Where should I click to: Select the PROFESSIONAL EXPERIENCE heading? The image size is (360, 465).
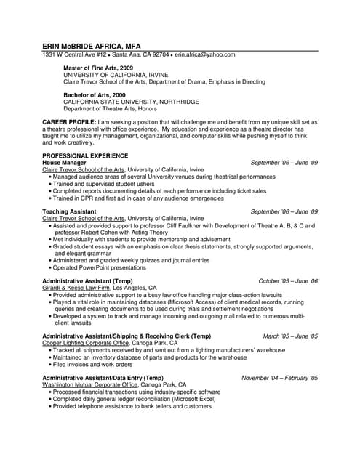pos(85,155)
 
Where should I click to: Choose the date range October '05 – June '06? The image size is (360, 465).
pos(288,280)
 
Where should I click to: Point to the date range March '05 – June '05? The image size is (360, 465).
pos(290,336)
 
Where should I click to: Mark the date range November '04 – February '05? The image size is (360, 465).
pos(279,379)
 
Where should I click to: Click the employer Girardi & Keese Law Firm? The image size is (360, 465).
pos(76,288)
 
